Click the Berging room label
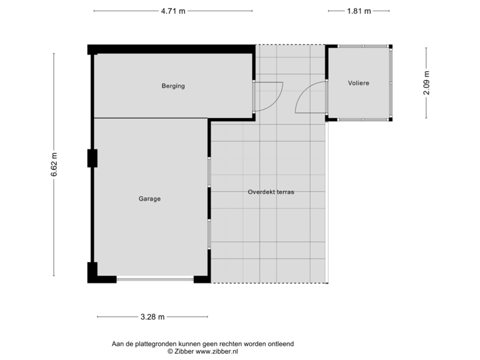(173, 86)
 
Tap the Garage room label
(150, 199)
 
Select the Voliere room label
(358, 83)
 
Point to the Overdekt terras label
(271, 192)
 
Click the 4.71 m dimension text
(173, 11)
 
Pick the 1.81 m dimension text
(359, 11)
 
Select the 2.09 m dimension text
(427, 83)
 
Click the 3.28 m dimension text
(152, 317)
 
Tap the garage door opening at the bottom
(154, 281)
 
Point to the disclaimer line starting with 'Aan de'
(203, 343)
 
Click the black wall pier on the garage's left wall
(92, 158)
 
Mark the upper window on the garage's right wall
(210, 172)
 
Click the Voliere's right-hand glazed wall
(393, 83)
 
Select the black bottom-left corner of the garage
(92, 273)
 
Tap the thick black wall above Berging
(172, 49)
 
